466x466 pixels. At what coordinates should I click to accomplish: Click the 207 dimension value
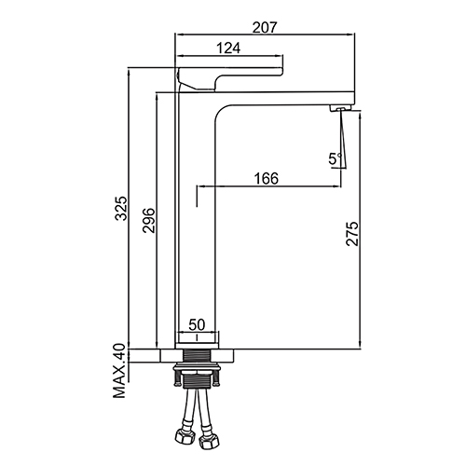pyautogui.click(x=264, y=27)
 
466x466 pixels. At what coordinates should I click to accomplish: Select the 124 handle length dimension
pyautogui.click(x=228, y=48)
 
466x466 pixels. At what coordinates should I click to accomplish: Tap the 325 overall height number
pyautogui.click(x=121, y=208)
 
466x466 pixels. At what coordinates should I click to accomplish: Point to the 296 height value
pyautogui.click(x=148, y=221)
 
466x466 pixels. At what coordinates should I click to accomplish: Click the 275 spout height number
pyautogui.click(x=352, y=234)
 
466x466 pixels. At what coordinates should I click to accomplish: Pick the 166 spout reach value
pyautogui.click(x=267, y=179)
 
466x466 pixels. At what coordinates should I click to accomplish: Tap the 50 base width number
pyautogui.click(x=197, y=325)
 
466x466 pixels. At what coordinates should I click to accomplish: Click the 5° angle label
pyautogui.click(x=336, y=158)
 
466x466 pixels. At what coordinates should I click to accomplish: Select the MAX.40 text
pyautogui.click(x=119, y=371)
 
